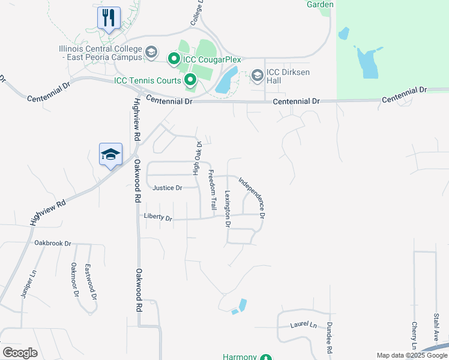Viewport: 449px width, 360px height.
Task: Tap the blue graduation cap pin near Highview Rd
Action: click(111, 155)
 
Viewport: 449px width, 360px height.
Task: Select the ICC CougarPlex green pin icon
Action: click(174, 58)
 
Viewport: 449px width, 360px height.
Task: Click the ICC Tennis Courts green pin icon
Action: click(190, 79)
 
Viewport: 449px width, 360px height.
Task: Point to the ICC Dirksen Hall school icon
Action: click(258, 75)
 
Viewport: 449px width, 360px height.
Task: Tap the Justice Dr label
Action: click(167, 188)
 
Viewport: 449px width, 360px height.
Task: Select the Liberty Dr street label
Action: click(158, 217)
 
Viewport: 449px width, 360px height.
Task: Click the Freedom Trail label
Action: click(212, 190)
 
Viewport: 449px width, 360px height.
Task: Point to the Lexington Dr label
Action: click(228, 209)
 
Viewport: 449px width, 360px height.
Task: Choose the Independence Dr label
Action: click(252, 197)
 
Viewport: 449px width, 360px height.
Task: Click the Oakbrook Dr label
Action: click(53, 244)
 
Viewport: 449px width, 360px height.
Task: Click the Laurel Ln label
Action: click(303, 325)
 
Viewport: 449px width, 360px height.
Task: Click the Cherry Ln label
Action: click(414, 336)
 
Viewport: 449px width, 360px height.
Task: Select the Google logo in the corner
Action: click(20, 353)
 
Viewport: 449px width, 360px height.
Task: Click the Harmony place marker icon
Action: click(266, 358)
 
